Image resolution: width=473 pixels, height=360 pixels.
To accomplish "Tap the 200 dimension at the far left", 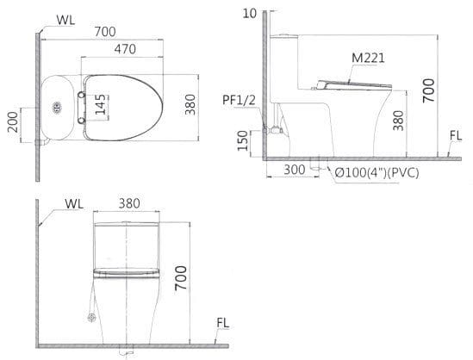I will click(12, 121).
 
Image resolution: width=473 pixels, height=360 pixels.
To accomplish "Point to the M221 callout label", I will click(368, 59).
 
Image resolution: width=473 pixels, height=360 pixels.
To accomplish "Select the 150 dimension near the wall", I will click(243, 140).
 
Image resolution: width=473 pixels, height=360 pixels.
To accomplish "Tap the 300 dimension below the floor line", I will click(295, 171).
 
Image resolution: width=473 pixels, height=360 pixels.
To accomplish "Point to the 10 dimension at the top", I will click(250, 13).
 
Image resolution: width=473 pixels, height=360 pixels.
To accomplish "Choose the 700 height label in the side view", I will click(428, 88).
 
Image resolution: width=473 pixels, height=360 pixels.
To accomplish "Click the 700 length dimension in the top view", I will click(104, 32).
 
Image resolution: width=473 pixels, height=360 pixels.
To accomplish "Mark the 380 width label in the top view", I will click(190, 103).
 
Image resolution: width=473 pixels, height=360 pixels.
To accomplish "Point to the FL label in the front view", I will click(222, 323).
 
